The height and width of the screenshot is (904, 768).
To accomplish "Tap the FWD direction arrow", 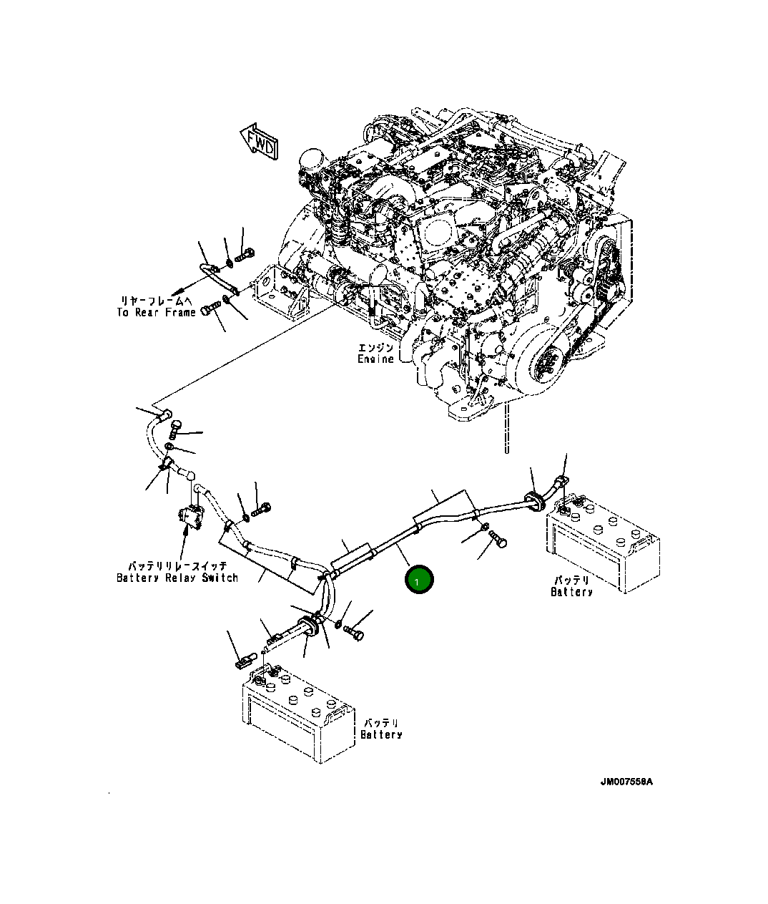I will [x=259, y=140].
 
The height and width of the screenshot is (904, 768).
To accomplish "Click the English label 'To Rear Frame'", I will [x=156, y=313].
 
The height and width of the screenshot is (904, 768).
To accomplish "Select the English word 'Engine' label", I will [x=375, y=359].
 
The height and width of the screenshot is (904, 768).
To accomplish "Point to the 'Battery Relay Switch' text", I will [x=177, y=578].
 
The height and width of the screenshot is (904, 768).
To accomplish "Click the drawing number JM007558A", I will [x=626, y=782].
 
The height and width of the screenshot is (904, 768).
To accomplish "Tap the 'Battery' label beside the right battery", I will [x=571, y=592].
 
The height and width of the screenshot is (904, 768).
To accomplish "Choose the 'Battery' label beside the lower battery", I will [x=381, y=734].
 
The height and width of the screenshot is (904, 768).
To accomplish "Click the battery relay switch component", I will [x=190, y=517].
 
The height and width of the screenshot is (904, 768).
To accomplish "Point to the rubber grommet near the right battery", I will [x=535, y=499].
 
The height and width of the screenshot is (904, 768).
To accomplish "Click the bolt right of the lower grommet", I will [x=353, y=633].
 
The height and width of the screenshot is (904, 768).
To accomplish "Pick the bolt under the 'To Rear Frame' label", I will [x=209, y=311].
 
